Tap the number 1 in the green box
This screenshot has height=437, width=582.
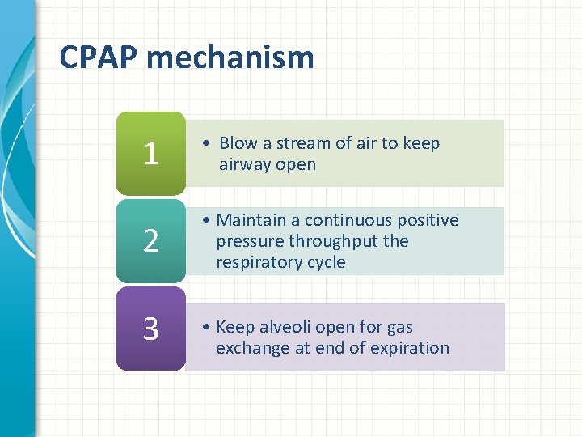150,153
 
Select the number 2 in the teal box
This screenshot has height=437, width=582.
150,241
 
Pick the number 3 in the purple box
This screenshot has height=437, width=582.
150,329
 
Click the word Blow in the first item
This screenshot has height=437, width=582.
238,143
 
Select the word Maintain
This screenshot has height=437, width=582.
251,220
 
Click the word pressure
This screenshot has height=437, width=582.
246,241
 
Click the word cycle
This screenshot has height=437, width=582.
325,262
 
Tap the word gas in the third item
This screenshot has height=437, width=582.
399,327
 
